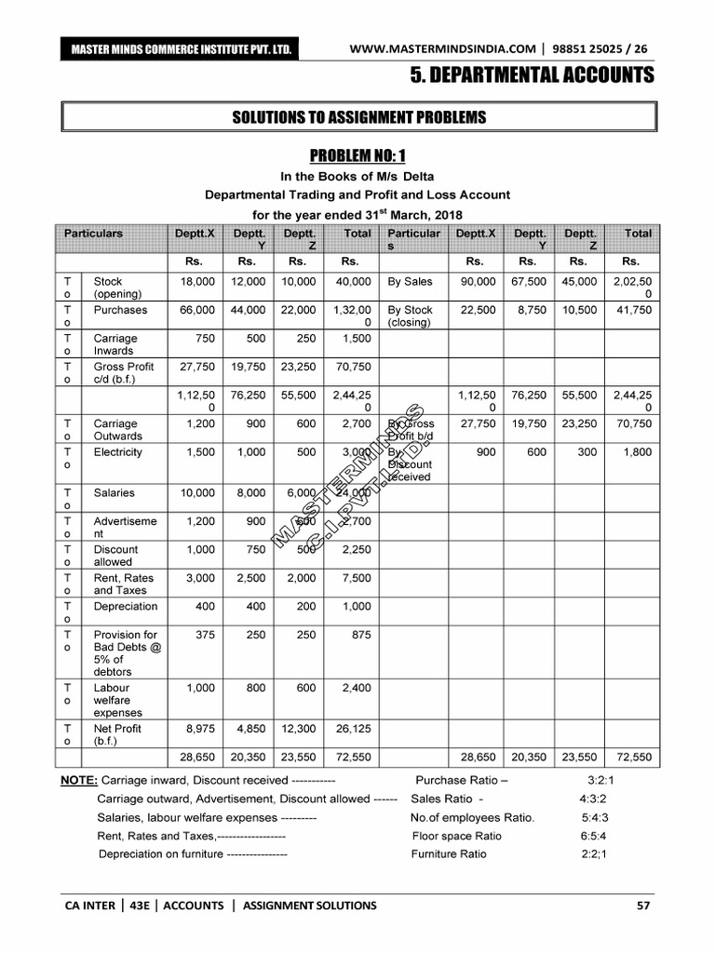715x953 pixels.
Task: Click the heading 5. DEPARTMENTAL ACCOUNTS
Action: click(533, 75)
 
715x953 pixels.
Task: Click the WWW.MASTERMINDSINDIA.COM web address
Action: click(443, 48)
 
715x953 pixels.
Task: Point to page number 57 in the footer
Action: click(643, 905)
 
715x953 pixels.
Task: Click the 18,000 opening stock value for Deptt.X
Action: click(196, 281)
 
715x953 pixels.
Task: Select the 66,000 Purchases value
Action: click(196, 310)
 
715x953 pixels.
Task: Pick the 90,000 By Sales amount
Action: click(478, 281)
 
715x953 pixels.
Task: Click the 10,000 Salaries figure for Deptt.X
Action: click(196, 493)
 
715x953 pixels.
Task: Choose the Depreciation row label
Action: click(126, 607)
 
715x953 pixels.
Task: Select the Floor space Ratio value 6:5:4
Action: click(593, 836)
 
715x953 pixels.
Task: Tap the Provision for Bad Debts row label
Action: click(127, 653)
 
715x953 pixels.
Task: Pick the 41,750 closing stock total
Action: click(633, 310)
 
